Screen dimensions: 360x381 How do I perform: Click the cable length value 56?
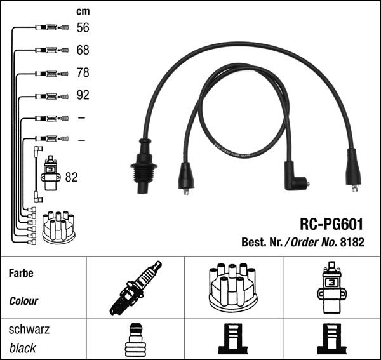point(83,27)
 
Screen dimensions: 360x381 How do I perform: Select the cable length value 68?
point(83,50)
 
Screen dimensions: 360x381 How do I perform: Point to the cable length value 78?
point(83,73)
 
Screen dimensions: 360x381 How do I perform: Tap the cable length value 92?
point(83,96)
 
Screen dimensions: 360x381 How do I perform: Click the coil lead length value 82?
point(71,177)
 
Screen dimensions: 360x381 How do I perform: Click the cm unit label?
point(83,11)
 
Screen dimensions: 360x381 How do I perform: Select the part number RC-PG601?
point(331,225)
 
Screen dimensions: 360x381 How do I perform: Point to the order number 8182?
point(352,242)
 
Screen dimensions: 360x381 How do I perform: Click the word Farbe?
point(21,274)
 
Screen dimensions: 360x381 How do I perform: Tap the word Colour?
point(23,301)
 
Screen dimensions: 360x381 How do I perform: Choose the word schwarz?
point(29,330)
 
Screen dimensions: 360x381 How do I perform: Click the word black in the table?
point(23,348)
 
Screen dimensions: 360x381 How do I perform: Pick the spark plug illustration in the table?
point(135,287)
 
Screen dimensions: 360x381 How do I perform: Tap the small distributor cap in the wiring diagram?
point(58,227)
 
